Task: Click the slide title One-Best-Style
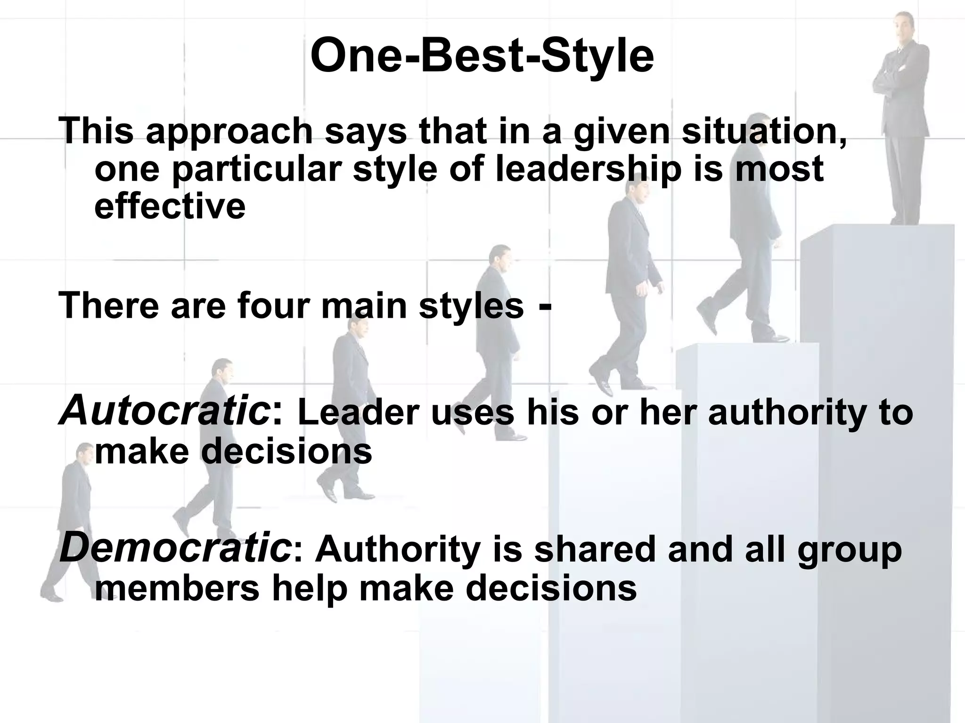point(482,56)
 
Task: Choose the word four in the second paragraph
point(275,305)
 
